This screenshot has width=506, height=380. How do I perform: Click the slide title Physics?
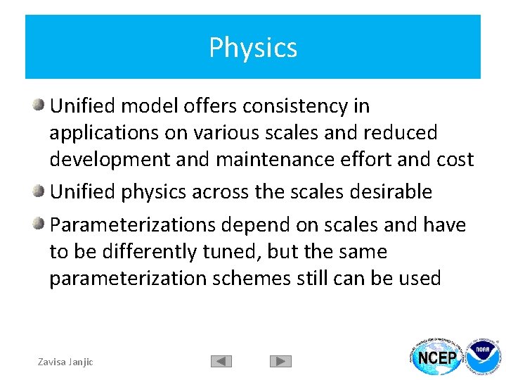click(253, 48)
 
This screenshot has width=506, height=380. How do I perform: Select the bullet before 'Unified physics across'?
click(40, 192)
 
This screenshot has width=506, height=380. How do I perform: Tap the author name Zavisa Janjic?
click(65, 362)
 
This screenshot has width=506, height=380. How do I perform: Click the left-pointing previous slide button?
click(221, 362)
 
